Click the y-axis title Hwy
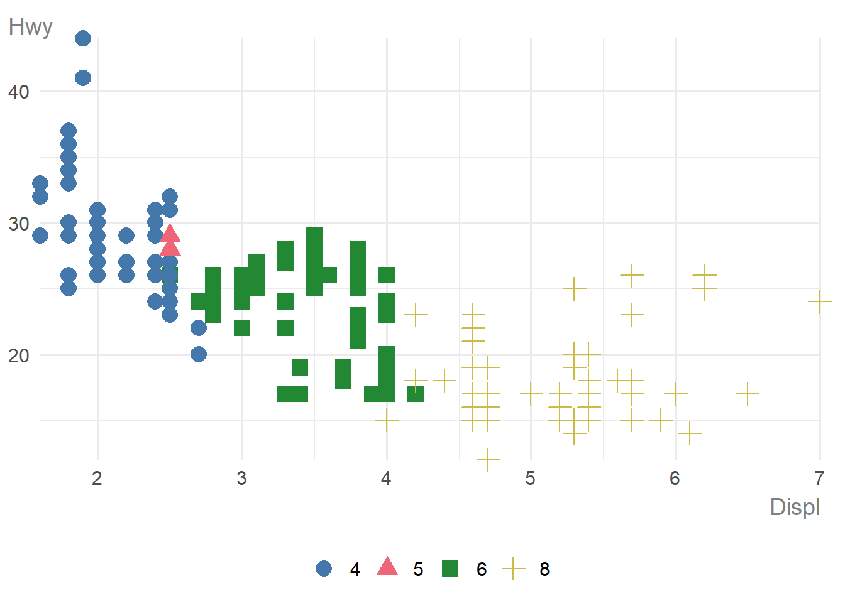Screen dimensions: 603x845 [30, 27]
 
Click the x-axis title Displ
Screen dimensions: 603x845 [795, 507]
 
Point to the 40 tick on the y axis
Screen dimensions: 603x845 [19, 92]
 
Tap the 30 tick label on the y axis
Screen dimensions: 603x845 [19, 224]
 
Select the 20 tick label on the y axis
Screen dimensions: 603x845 [19, 356]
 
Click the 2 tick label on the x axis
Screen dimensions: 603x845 [97, 479]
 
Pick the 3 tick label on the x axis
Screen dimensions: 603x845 [241, 479]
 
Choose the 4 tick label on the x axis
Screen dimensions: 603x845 [386, 479]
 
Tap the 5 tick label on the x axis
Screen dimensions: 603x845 [531, 479]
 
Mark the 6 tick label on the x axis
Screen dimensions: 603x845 [675, 479]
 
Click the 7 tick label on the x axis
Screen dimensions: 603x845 [819, 479]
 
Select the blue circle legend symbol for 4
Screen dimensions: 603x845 [324, 569]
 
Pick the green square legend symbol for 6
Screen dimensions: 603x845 [450, 569]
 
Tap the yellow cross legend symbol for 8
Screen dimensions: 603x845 [514, 569]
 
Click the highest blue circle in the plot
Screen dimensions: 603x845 [83, 38]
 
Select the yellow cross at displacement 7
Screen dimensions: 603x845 [820, 302]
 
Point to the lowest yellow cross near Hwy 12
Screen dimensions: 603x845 [488, 460]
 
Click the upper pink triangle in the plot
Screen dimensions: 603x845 [170, 235]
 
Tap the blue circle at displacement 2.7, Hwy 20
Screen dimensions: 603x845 [199, 354]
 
